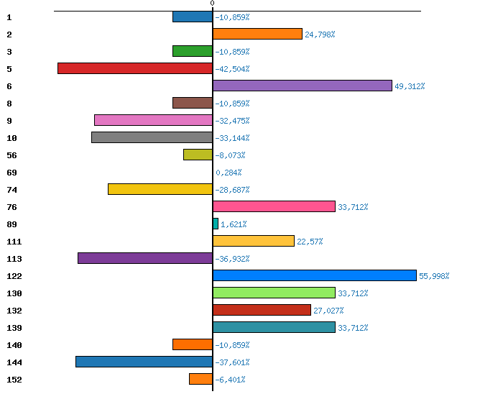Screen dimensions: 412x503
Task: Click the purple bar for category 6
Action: [303, 86]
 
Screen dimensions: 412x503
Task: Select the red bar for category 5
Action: [135, 68]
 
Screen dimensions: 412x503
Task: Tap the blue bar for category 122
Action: [315, 275]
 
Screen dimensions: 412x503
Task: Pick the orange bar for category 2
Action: [257, 34]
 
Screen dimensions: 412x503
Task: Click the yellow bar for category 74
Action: [160, 189]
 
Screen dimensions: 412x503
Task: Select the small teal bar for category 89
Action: [216, 224]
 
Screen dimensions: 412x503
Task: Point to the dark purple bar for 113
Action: [145, 258]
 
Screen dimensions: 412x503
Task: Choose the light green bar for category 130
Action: [274, 293]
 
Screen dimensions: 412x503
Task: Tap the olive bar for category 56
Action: [198, 155]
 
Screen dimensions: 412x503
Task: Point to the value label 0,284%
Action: [229, 173]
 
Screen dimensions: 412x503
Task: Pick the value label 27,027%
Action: [328, 311]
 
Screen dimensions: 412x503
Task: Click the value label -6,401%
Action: [230, 380]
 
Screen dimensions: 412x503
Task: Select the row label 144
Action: [14, 362]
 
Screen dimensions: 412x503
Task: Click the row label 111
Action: [14, 242]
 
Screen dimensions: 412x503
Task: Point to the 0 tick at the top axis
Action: [212, 4]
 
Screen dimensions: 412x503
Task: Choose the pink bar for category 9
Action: [153, 120]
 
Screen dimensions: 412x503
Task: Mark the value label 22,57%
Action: [310, 242]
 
